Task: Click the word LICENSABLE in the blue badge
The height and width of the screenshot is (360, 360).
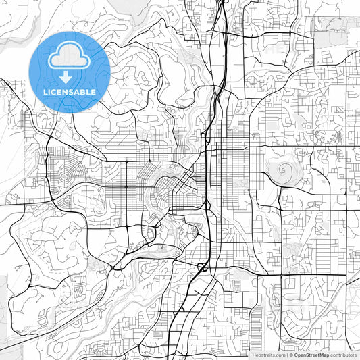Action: pos(69,92)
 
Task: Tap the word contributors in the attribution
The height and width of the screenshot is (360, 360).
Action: pos(343,354)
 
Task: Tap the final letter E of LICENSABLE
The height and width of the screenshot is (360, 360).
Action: pos(95,92)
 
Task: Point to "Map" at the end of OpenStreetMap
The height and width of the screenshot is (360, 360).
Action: pos(323,354)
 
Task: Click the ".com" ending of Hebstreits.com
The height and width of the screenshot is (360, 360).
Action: pos(278,354)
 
